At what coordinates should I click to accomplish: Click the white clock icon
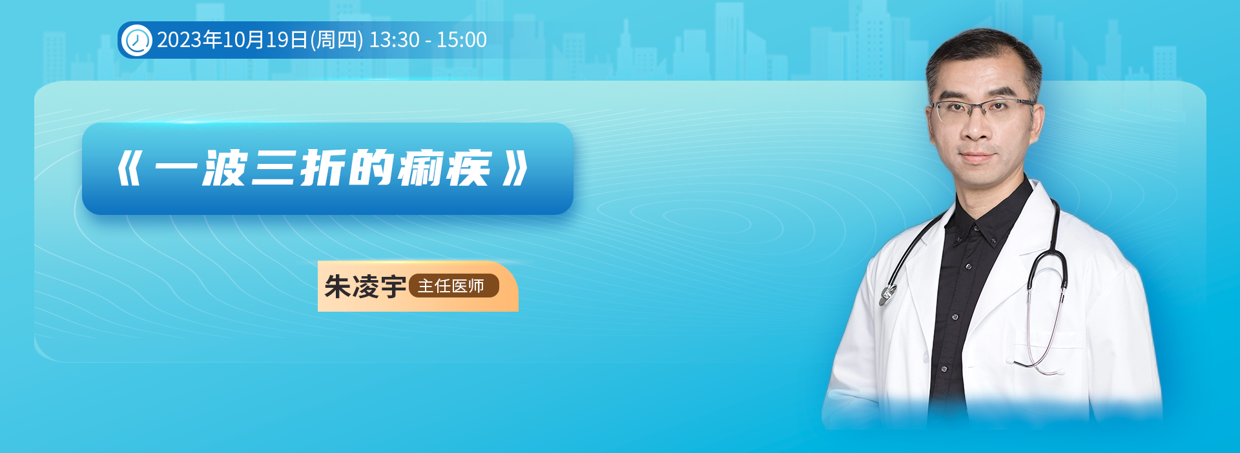tap(136, 40)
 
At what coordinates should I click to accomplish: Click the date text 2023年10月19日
tap(232, 40)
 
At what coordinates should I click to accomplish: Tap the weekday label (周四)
tap(336, 40)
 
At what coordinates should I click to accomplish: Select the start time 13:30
tap(394, 40)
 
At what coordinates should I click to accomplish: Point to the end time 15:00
tap(462, 40)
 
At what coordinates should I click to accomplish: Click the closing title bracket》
tap(516, 169)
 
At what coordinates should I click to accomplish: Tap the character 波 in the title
tap(225, 168)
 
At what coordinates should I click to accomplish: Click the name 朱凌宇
tap(365, 287)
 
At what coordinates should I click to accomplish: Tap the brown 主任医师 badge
tap(454, 286)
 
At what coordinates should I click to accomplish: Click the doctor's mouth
tap(976, 157)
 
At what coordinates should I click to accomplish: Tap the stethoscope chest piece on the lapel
tap(887, 294)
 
